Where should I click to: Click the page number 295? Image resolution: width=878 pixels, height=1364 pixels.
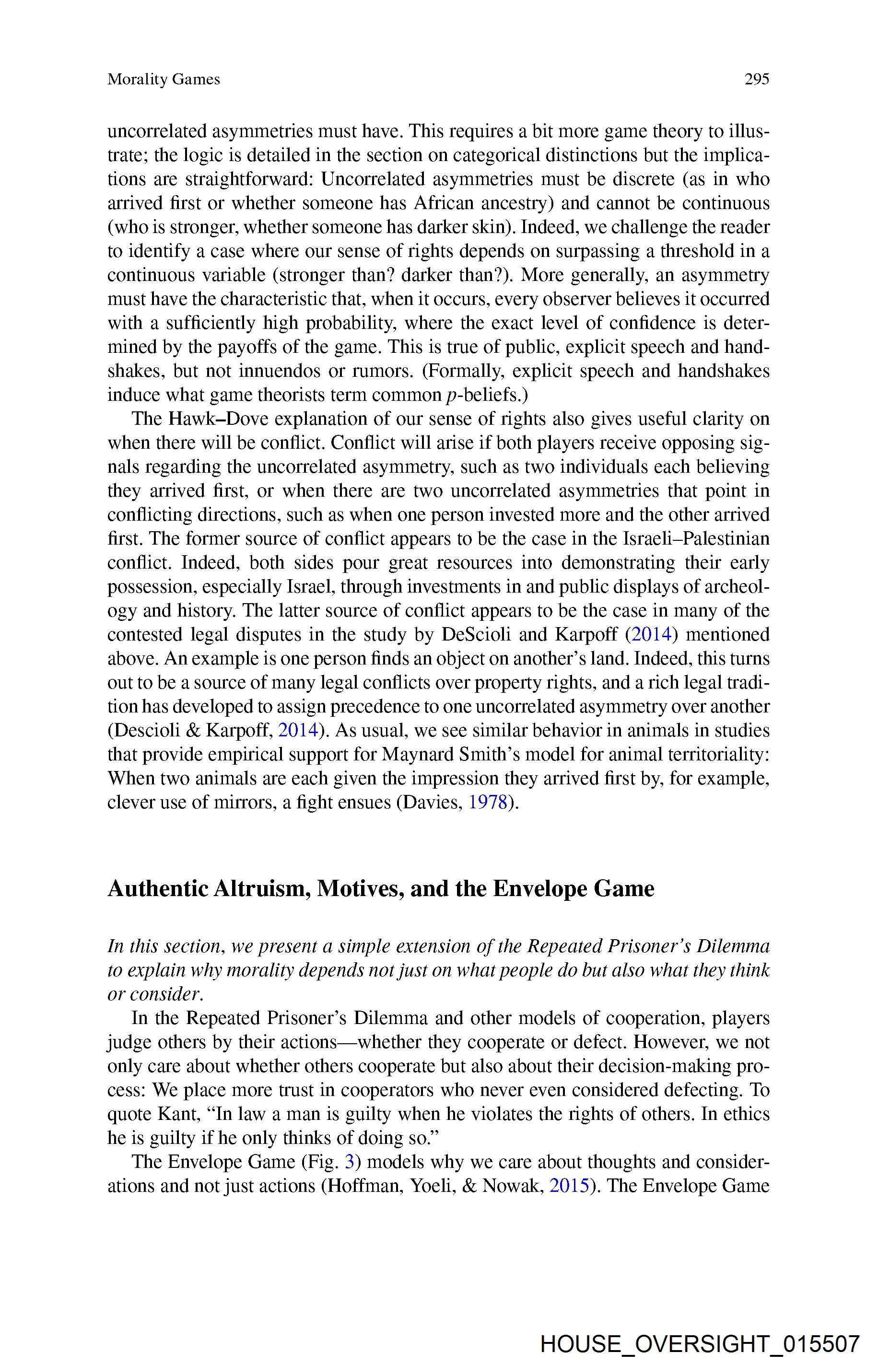757,79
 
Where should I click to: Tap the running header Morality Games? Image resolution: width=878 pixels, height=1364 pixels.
164,79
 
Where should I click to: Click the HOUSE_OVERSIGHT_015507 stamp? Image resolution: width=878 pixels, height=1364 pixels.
700,1343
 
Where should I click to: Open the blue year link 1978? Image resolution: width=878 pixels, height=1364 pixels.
488,803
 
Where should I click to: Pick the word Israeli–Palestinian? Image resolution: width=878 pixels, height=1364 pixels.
693,538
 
